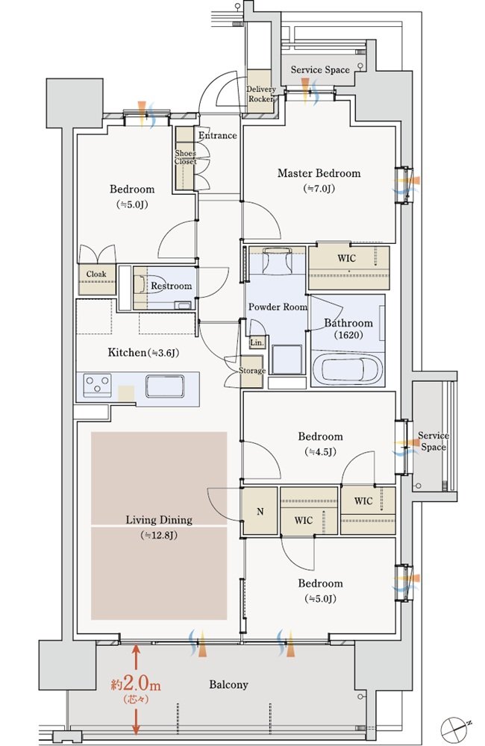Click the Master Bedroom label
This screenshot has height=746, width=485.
click(319, 173)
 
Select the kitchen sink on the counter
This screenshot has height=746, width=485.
click(165, 386)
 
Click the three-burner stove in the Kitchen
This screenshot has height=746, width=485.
click(98, 385)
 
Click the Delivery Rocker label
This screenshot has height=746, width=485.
click(261, 94)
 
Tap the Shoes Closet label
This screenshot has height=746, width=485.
click(185, 157)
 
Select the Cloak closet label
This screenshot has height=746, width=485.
click(96, 274)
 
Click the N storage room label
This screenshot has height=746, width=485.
click(260, 512)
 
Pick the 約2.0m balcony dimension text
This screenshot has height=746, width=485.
click(136, 684)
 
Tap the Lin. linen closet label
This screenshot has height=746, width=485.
click(257, 342)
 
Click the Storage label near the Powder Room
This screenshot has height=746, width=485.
click(251, 370)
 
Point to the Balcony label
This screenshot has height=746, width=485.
click(228, 685)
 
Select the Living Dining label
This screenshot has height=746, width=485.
click(159, 519)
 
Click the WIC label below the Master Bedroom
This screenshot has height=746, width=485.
click(346, 258)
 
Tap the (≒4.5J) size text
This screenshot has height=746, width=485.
click(320, 451)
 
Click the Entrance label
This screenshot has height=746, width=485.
click(218, 136)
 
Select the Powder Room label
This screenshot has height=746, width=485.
click(278, 307)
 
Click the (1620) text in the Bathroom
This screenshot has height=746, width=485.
click(348, 335)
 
